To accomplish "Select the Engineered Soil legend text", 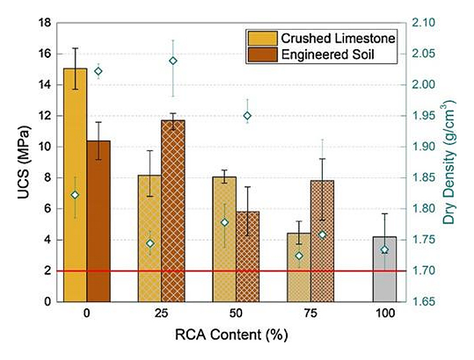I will [x=328, y=54].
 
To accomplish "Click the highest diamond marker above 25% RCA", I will [x=173, y=61].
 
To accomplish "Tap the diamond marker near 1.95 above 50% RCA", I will [x=247, y=116].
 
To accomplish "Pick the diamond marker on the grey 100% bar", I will [x=384, y=250].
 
